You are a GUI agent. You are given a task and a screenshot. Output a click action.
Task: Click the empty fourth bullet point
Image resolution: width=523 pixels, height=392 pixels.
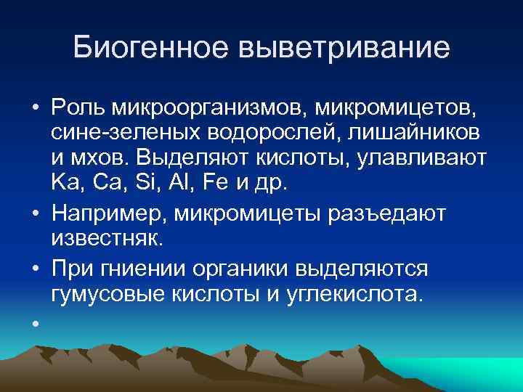(34, 321)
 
